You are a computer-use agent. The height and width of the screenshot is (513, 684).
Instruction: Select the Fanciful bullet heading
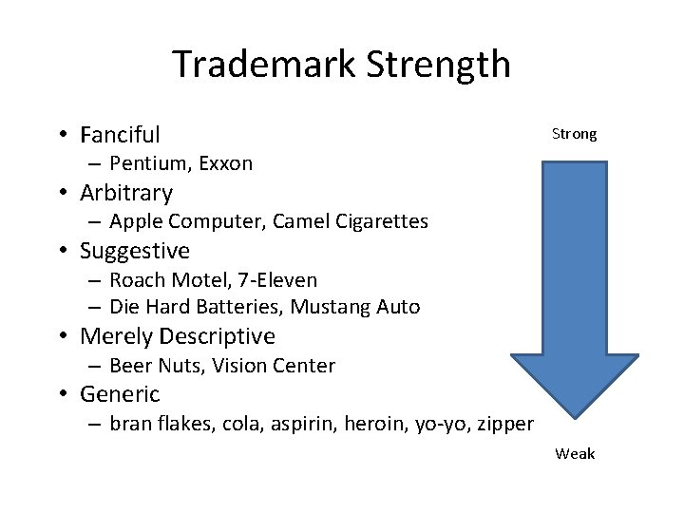point(120,135)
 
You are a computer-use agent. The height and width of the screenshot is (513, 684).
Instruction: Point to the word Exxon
point(226,163)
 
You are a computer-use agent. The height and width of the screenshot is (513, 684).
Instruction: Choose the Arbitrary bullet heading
point(126,193)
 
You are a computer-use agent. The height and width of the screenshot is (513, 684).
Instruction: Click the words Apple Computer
point(187,221)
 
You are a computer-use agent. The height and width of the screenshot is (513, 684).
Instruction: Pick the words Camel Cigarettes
point(350,221)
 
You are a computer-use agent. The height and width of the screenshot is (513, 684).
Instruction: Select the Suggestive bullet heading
point(135,251)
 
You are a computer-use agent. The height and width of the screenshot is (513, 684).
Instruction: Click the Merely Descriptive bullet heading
point(178,336)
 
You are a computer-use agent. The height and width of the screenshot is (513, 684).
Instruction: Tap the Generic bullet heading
point(120,394)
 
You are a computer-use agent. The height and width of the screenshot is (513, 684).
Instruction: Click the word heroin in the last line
point(380,424)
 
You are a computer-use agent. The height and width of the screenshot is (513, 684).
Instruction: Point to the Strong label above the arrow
point(575,134)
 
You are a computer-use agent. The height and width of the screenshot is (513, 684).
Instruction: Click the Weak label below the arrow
point(575,453)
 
